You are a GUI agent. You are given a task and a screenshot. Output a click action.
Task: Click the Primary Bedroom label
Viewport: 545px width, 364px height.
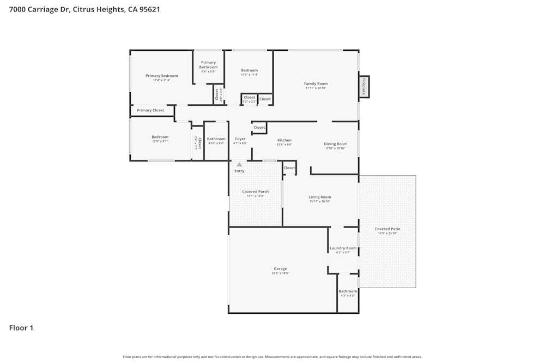coord(161,76)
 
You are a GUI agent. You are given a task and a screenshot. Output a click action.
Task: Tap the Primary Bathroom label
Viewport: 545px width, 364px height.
coord(208,65)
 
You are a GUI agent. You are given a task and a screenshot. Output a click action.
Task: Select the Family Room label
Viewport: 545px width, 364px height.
coord(316,83)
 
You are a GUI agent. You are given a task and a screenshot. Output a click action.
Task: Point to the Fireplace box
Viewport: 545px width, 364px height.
coord(364,87)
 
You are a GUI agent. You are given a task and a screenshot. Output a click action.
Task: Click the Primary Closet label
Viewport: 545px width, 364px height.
coord(150,110)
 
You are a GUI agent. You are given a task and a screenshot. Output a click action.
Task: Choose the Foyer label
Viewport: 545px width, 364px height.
coord(240,139)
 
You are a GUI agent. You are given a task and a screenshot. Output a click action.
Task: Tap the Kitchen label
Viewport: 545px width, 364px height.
coord(284,140)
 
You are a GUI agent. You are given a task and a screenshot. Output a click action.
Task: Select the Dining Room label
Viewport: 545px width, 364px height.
coord(336,144)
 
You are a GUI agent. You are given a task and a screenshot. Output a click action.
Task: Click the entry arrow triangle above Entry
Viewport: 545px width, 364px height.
coord(239,164)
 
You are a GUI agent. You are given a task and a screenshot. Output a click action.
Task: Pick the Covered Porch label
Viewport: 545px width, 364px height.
coord(256,192)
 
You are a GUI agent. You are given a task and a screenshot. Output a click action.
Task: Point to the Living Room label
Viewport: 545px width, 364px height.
coord(320,197)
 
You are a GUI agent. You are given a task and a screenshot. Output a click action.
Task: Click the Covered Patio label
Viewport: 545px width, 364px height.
coord(387,229)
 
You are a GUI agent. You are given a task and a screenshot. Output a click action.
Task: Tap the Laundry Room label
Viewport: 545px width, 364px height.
coord(343,248)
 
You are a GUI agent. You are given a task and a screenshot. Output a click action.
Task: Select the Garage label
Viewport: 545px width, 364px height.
coord(280,268)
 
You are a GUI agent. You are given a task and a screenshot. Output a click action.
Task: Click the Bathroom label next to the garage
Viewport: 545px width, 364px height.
coord(348,291)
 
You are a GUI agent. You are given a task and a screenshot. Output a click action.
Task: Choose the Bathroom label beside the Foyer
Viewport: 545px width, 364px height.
coord(216,139)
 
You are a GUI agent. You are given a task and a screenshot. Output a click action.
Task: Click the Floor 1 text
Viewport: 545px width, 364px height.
coord(21,328)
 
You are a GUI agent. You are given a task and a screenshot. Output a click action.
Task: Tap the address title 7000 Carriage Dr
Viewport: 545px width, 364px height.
coord(84,9)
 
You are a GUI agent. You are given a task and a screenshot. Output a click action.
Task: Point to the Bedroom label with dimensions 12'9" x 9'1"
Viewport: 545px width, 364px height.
coord(160,137)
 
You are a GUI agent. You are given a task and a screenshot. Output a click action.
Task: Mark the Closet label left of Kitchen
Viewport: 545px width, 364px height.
coord(259,128)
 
